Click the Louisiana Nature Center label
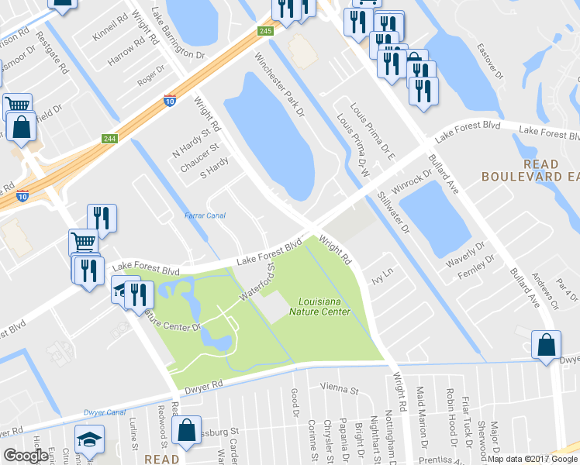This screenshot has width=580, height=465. point(324,307)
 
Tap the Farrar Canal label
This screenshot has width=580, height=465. point(205,215)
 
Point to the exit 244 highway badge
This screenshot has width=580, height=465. point(109,139)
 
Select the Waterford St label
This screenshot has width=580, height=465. point(258,284)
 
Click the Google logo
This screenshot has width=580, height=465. point(26,455)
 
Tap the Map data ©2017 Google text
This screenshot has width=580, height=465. point(532,459)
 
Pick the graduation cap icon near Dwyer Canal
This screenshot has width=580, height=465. point(89,439)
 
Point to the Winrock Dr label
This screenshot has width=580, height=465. point(411,184)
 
